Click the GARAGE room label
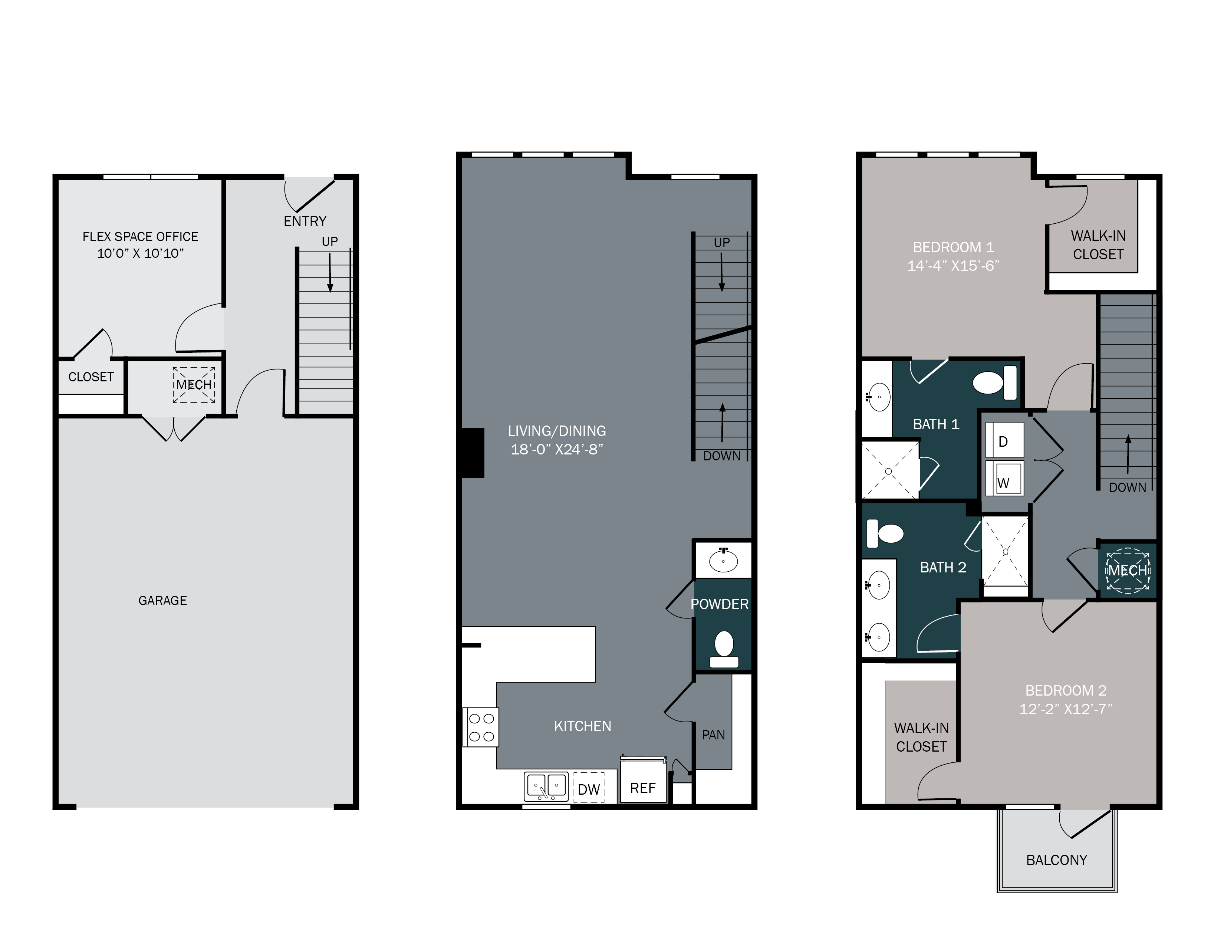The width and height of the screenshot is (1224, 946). [x=162, y=601]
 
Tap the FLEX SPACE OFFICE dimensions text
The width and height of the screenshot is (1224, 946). [x=140, y=253]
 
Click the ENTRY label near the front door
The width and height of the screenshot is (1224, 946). [x=305, y=221]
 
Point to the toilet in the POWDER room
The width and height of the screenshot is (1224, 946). [x=724, y=649]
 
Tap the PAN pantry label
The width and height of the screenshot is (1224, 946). [x=713, y=735]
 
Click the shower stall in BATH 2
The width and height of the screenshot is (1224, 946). [x=1006, y=552]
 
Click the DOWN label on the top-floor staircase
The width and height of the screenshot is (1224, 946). [x=1128, y=487]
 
